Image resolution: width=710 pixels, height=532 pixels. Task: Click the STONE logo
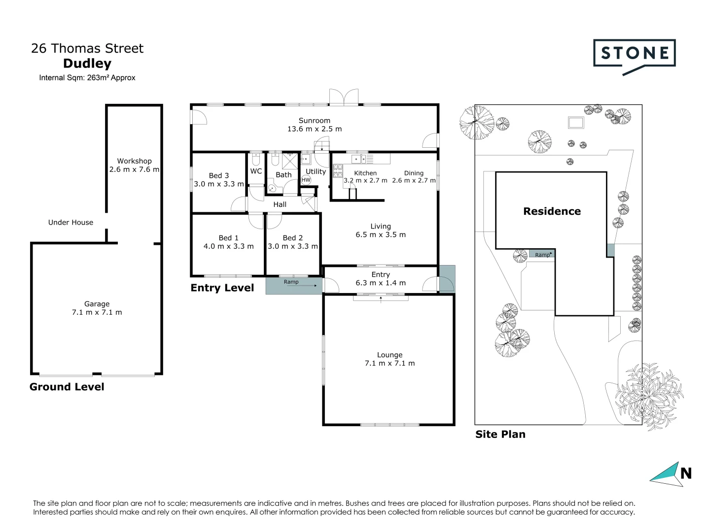click(x=634, y=54)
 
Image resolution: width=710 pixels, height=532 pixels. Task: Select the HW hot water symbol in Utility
click(x=306, y=180)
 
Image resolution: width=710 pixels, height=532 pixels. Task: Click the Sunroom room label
click(x=314, y=120)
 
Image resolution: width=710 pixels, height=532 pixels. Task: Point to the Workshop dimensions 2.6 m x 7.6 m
click(x=134, y=169)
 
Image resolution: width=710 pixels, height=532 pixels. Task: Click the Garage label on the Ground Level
click(x=97, y=304)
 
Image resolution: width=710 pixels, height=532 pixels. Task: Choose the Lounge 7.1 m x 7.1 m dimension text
click(x=390, y=364)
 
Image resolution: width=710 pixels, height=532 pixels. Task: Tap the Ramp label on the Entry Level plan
click(x=291, y=282)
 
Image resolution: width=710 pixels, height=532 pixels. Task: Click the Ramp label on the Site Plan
click(x=542, y=255)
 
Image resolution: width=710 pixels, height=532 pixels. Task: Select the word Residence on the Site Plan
click(x=552, y=211)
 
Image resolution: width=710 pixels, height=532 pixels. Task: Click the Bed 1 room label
click(x=228, y=238)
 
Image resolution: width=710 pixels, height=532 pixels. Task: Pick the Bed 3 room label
click(x=218, y=175)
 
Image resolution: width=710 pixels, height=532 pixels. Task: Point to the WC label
click(x=256, y=171)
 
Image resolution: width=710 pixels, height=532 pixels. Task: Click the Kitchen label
click(x=365, y=173)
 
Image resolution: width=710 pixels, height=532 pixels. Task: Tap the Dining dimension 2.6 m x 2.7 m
click(x=414, y=180)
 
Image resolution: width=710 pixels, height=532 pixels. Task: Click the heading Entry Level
click(x=222, y=288)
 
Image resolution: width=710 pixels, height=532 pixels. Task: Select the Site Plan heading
click(x=500, y=434)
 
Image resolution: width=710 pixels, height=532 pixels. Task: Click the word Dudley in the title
click(x=87, y=64)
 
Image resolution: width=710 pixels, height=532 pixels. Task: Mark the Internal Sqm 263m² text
click(x=87, y=78)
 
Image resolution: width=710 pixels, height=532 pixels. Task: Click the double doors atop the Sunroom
click(x=344, y=97)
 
